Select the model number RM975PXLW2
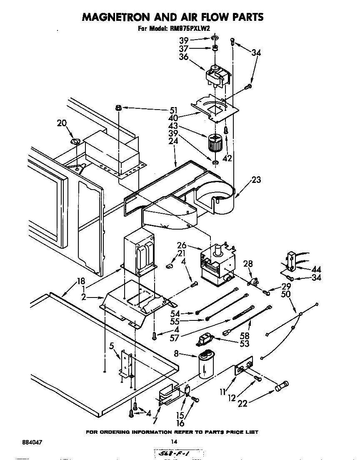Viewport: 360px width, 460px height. click(x=190, y=29)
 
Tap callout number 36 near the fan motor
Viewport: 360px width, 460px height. click(x=184, y=57)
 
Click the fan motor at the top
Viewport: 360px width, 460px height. click(x=218, y=75)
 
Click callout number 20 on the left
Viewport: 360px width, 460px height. click(x=62, y=123)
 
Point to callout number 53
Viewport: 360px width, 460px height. click(x=245, y=344)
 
